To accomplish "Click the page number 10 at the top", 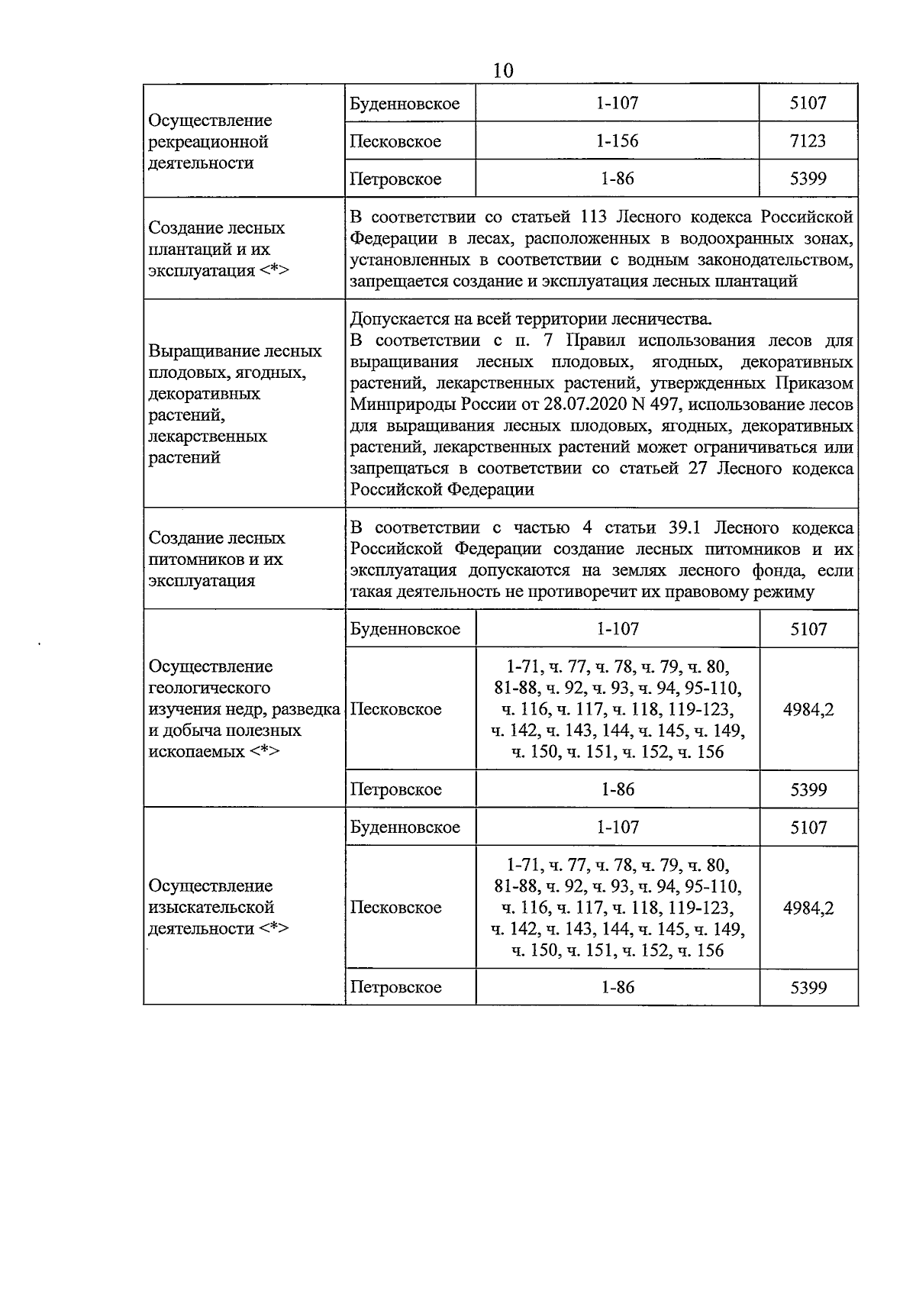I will click(x=503, y=71).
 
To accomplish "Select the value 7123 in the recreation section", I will click(x=808, y=141).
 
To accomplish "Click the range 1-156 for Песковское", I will click(x=617, y=141).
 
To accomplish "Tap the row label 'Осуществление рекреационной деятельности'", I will click(x=211, y=142).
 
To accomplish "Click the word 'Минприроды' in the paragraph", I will click(x=398, y=405).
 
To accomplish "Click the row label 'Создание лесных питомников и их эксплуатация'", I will click(x=216, y=559).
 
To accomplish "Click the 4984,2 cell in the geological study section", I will click(x=808, y=709).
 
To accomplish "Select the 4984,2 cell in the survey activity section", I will click(x=808, y=908).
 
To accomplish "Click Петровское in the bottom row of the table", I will click(x=395, y=987).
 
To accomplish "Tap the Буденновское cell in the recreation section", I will click(x=405, y=104).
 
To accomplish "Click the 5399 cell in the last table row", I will click(x=808, y=987).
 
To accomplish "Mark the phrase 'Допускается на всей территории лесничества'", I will click(x=531, y=319).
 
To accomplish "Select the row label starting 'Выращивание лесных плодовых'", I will click(x=235, y=405).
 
